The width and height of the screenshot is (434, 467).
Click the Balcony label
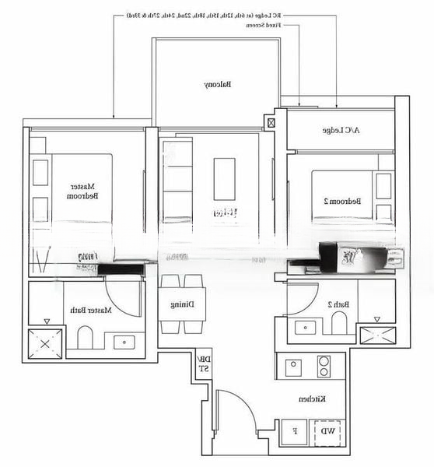217,84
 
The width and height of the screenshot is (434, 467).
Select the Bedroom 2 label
342,201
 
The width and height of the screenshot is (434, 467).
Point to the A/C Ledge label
341,131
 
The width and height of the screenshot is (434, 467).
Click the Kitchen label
311,399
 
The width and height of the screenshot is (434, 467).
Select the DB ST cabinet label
203,363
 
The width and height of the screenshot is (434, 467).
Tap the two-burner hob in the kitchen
324,367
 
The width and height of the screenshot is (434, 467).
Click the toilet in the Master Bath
86,339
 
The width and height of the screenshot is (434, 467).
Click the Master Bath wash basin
124,342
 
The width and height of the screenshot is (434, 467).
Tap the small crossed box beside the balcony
271,122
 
